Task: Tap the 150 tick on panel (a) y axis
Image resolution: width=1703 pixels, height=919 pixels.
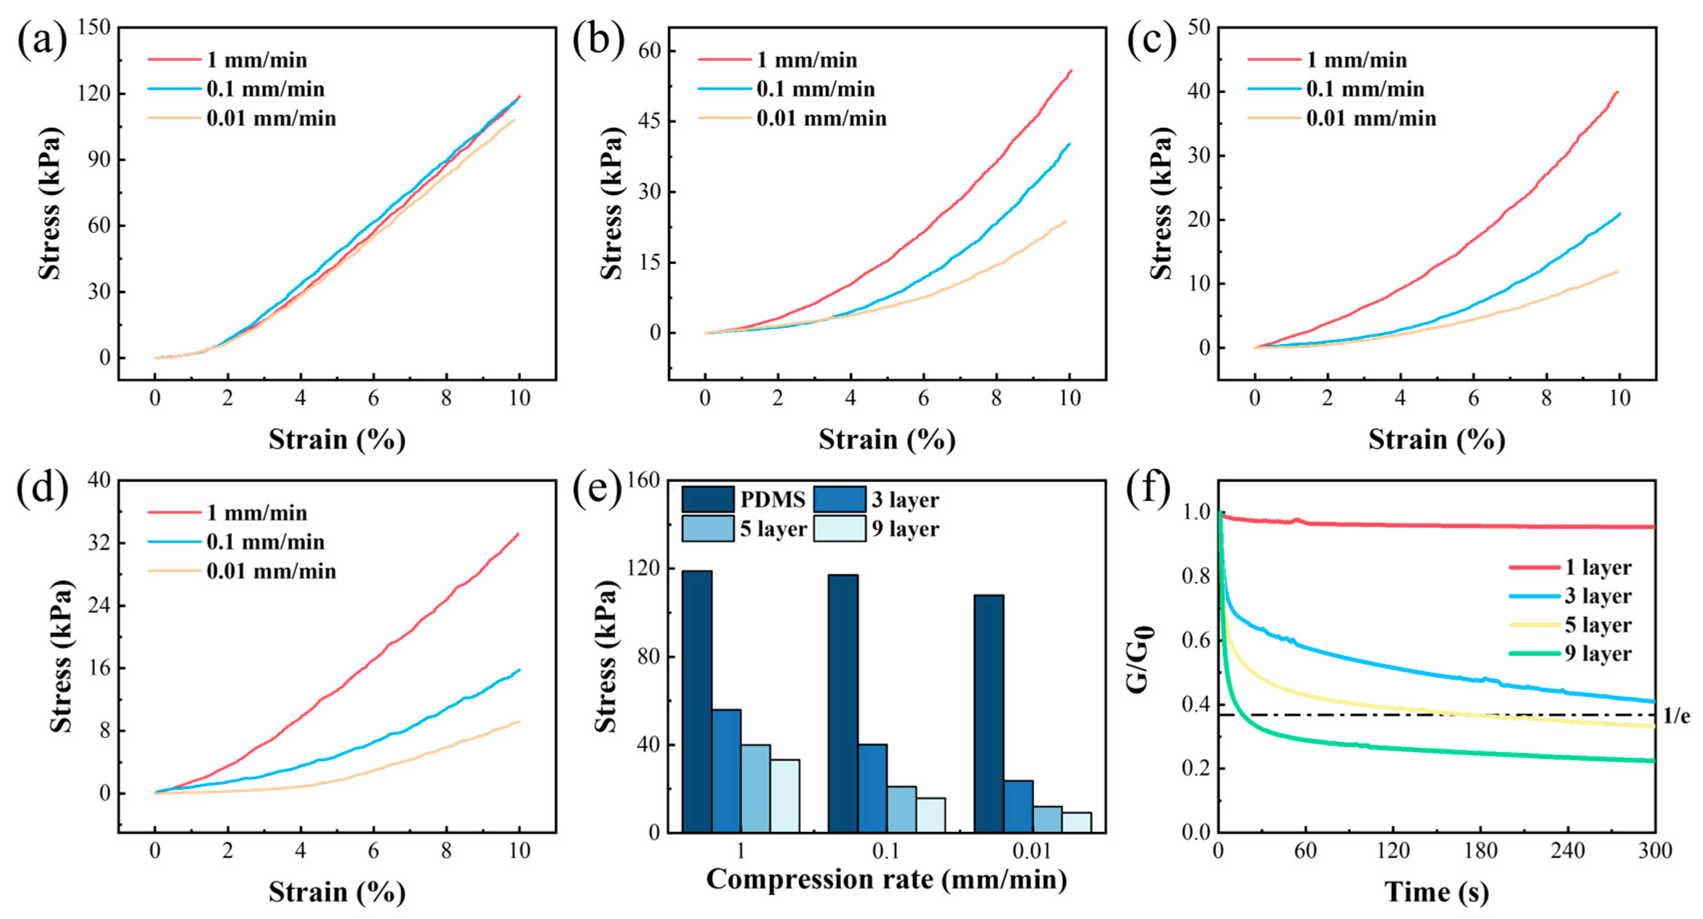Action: tap(94, 28)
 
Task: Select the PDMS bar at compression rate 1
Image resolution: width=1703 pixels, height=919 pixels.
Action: tap(697, 701)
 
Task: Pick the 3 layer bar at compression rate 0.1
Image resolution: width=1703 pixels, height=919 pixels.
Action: tap(873, 788)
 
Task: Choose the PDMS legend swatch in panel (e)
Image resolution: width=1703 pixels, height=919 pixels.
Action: tap(707, 500)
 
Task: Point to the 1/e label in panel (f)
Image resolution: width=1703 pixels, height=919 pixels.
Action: tap(1676, 716)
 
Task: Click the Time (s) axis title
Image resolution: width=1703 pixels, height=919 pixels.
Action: tap(1437, 892)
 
